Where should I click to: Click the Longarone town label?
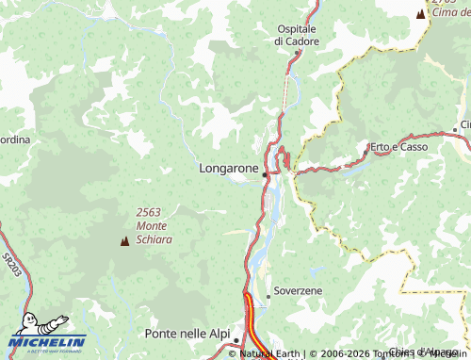pos(229,168)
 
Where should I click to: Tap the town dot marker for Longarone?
pos(266,174)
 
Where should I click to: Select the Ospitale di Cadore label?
pos(297,35)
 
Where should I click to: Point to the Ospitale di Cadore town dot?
pos(299,53)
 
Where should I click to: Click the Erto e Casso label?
pos(400,147)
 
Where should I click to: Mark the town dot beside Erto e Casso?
pos(366,149)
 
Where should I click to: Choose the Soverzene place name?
pos(300,290)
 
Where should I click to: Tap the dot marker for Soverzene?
pos(268,296)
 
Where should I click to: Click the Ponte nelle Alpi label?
pos(187,334)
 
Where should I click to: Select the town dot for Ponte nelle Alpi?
pos(237,340)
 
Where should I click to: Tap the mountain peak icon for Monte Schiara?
pos(124,241)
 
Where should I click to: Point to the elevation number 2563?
pos(151,212)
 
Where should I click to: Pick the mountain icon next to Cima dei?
pos(419,14)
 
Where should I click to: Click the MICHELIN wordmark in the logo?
pos(47,342)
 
